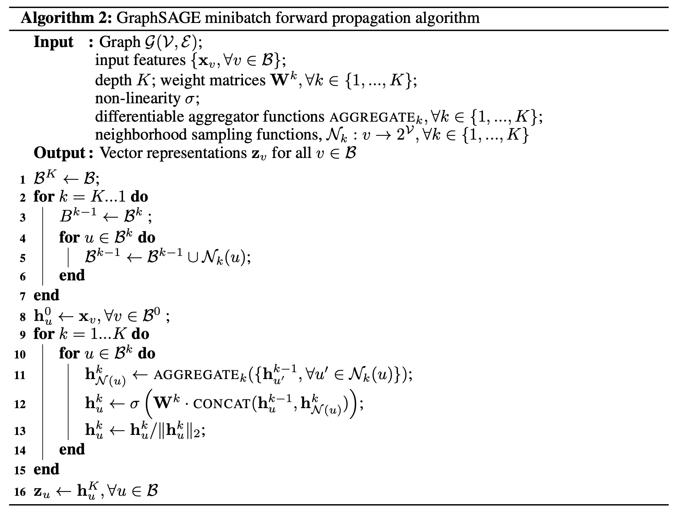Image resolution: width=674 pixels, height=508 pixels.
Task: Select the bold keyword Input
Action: tap(53, 42)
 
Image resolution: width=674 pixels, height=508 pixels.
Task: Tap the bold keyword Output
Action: tap(59, 153)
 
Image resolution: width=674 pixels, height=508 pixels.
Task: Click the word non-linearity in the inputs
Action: tap(137, 98)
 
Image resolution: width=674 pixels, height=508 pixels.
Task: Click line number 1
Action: tap(23, 180)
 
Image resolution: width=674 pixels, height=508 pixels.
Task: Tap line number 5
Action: tap(23, 258)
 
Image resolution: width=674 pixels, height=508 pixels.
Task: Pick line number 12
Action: tap(20, 404)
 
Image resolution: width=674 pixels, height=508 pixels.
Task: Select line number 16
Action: tap(20, 492)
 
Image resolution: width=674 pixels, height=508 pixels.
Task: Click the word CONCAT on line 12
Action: tap(222, 404)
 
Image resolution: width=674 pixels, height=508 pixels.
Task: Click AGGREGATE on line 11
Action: tap(197, 375)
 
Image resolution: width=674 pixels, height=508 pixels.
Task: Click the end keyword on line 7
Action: tap(46, 295)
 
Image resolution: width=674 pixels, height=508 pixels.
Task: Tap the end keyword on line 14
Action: tap(72, 449)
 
